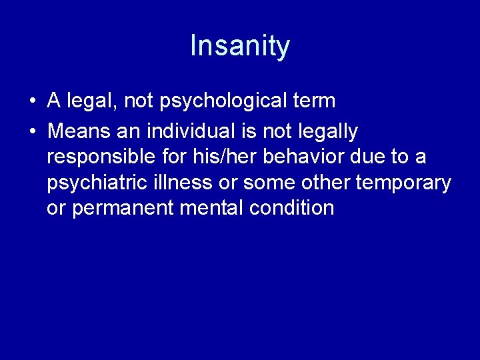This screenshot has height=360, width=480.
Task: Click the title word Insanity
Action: (240, 46)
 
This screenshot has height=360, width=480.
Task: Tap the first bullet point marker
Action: (31, 102)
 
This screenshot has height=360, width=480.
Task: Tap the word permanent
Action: (123, 209)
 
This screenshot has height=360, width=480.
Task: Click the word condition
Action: (291, 208)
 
